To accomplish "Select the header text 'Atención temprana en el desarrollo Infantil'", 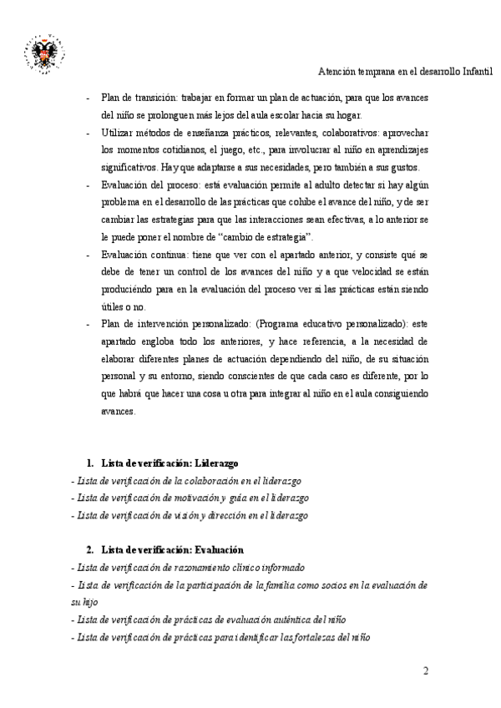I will click(x=406, y=73).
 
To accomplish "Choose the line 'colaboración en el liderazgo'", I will click(x=186, y=481).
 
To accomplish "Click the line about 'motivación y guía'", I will click(x=179, y=498).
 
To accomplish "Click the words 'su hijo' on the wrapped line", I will click(x=84, y=601).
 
